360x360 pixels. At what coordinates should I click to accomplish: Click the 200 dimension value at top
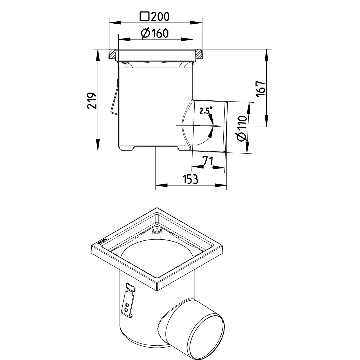tap(160, 17)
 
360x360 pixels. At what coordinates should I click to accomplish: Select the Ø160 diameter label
tap(154, 33)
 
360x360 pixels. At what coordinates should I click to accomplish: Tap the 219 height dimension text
tap(92, 101)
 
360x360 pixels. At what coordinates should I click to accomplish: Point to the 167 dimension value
tap(260, 89)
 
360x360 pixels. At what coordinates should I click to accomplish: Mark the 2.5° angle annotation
tap(206, 111)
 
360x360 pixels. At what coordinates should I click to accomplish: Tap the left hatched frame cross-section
tap(113, 54)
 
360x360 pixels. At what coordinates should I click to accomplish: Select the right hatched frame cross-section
tap(199, 54)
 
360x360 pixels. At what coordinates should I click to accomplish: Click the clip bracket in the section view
tap(114, 98)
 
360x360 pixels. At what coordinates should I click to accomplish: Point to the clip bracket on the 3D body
tap(128, 301)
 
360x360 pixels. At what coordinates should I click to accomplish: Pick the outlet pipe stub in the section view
tap(210, 127)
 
